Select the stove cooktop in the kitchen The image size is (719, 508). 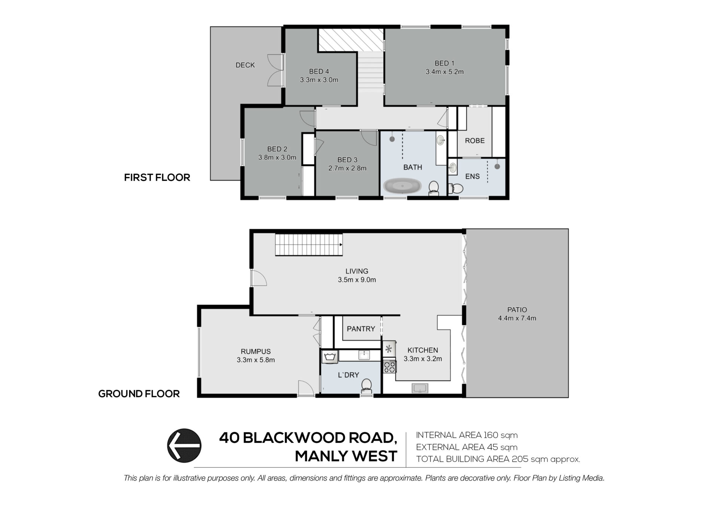pyautogui.click(x=389, y=366)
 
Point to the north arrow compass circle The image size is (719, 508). pyautogui.click(x=184, y=445)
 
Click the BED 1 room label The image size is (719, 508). pyautogui.click(x=445, y=63)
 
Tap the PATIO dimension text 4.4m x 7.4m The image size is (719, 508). pyautogui.click(x=517, y=318)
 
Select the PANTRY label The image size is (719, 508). pyautogui.click(x=361, y=329)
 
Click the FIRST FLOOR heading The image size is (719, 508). pyautogui.click(x=157, y=177)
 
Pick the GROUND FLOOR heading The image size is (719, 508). pyautogui.click(x=139, y=394)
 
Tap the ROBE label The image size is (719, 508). pyautogui.click(x=474, y=141)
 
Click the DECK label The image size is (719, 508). pyautogui.click(x=245, y=65)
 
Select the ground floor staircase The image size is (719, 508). pyautogui.click(x=309, y=245)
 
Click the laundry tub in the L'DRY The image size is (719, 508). pyautogui.click(x=330, y=357)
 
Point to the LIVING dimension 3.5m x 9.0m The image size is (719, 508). pyautogui.click(x=357, y=280)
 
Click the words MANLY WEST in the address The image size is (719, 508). pyautogui.click(x=346, y=456)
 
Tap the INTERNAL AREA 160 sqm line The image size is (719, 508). pyautogui.click(x=467, y=435)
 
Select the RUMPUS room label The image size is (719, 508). pyautogui.click(x=256, y=352)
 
